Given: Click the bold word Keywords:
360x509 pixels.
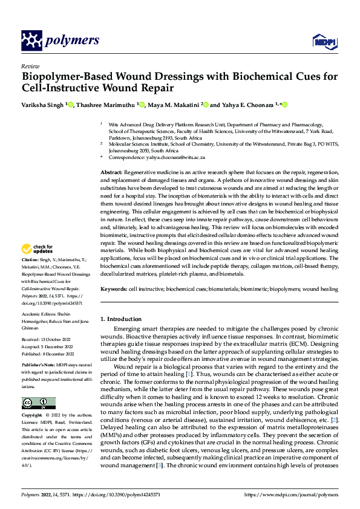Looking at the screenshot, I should point(113,290).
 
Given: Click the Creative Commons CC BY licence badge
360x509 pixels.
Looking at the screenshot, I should point(38,403).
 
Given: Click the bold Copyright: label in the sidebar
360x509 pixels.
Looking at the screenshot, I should point(33,416).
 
